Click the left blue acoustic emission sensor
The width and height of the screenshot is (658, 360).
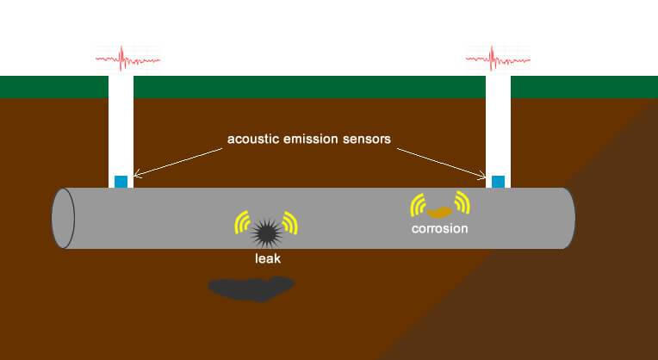pos(121,181)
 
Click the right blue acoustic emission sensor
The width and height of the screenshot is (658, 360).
pos(498,181)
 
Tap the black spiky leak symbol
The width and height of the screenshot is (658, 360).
pos(265,230)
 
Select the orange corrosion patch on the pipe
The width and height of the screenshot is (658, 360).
pos(440,210)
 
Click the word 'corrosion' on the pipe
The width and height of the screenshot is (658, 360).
pos(439,229)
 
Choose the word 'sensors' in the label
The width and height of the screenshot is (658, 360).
pos(368,139)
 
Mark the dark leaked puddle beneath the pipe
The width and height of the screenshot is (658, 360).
pos(250,289)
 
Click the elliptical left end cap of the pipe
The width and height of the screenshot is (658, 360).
pos(63,218)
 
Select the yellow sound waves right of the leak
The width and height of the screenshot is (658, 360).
pos(290,223)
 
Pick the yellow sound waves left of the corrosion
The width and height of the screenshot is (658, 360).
pos(418,204)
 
